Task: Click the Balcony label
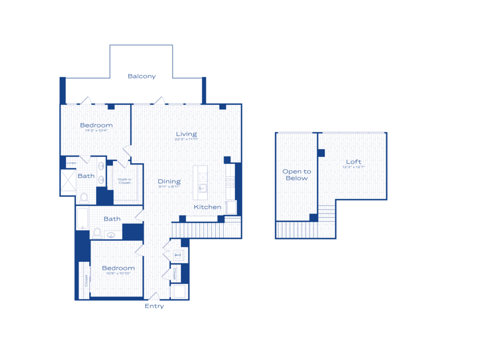coord(141,76)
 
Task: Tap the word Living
coord(186,134)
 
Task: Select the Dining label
coord(169,181)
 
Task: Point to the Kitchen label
coord(207,207)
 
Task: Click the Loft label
coord(353,162)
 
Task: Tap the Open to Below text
coord(296,174)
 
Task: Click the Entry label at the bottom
coord(154,306)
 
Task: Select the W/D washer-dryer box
coord(177,255)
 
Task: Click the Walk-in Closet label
coord(124,181)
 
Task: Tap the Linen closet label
coord(71,163)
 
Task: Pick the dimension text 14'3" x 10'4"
coord(96,131)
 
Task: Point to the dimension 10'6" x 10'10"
coord(118,274)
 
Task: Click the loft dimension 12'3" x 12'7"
coord(353,167)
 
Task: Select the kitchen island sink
coord(202,188)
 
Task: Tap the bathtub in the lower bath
coord(82,219)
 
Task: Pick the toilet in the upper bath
coord(84,198)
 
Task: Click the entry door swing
coord(154,296)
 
